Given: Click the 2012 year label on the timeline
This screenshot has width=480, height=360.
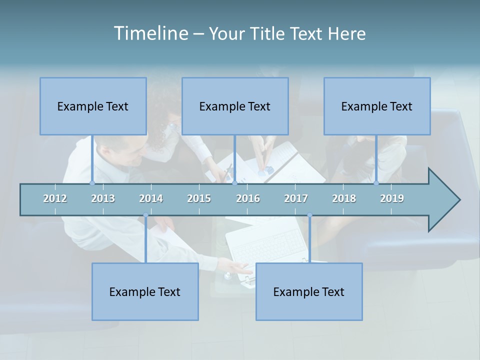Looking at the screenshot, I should click(x=55, y=198).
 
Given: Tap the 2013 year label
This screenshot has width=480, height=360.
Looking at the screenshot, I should click(x=103, y=198).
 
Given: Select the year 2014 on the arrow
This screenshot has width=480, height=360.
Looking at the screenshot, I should click(x=151, y=198).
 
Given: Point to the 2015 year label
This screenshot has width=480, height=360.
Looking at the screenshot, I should click(x=199, y=198).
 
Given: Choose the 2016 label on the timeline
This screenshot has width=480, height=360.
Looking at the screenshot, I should click(x=248, y=198).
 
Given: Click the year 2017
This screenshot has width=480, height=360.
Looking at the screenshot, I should click(x=296, y=198).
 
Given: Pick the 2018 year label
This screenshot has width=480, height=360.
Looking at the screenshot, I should click(x=344, y=198).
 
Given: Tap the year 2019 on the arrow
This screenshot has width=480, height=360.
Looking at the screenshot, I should click(x=392, y=198).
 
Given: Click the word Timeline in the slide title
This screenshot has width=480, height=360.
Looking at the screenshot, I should click(x=150, y=33).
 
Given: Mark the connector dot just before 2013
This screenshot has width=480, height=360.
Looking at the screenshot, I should click(x=92, y=183).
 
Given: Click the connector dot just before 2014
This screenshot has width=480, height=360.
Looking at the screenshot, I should click(x=145, y=215).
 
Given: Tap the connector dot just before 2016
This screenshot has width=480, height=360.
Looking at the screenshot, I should click(x=234, y=183).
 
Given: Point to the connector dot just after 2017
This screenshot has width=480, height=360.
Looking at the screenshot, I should click(x=309, y=215).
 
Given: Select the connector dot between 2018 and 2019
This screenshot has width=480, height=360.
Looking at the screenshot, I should click(x=376, y=183).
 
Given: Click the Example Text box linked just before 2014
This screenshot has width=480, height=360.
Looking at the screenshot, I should click(x=145, y=291).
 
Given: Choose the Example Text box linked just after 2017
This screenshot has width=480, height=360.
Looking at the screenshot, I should click(x=309, y=291).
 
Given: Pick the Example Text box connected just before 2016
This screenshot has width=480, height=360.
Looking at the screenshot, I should click(x=235, y=106).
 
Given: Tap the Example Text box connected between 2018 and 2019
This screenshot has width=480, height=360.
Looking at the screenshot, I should click(x=377, y=106).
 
